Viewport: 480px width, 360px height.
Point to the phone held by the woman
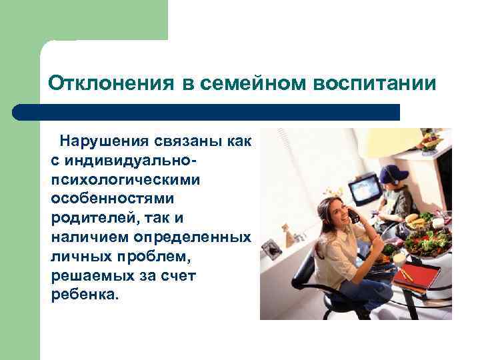[353, 215]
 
